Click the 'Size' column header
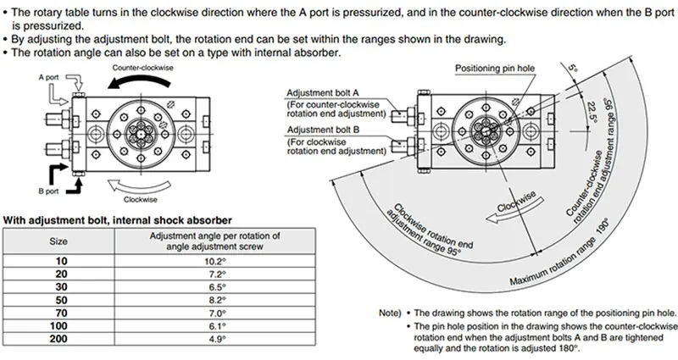(x=59, y=241)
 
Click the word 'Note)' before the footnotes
(x=392, y=313)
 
